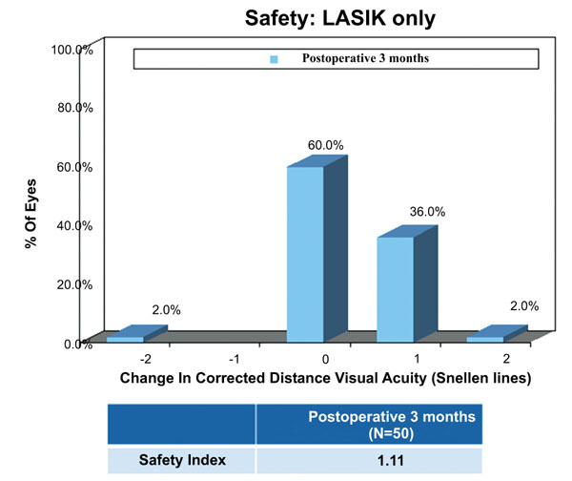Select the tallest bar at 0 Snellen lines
[306, 253]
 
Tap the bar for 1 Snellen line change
[396, 288]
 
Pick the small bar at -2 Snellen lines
[125, 338]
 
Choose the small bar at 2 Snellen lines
[485, 338]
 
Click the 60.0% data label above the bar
[325, 145]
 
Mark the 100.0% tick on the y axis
[72, 49]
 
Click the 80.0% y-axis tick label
[74, 108]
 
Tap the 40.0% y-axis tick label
[74, 225]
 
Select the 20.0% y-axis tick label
[74, 284]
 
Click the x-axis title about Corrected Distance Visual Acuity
[325, 378]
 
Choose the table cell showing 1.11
[367, 460]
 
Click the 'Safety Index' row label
[182, 460]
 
